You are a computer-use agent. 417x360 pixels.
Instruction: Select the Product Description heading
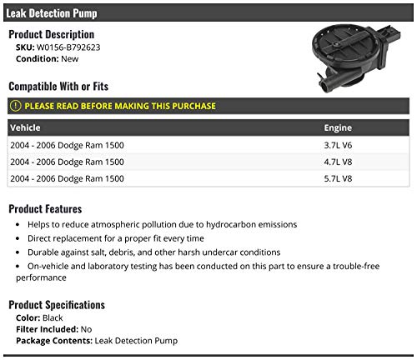51,34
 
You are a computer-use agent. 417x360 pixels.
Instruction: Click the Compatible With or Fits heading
58,87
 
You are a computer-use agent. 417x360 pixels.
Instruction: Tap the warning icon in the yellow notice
16,107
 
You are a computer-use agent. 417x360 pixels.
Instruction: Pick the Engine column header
339,128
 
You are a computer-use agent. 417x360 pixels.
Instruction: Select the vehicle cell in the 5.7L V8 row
68,178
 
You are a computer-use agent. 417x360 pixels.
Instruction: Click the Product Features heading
45,208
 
